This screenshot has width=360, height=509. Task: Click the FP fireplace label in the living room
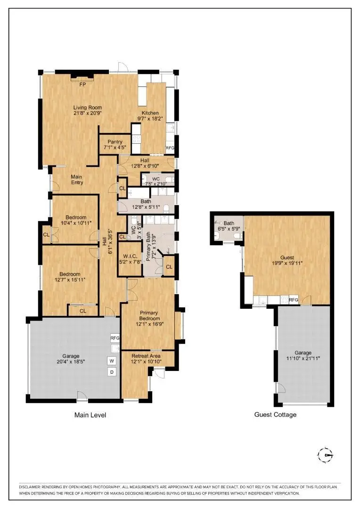82,84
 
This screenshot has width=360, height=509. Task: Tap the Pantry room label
115,142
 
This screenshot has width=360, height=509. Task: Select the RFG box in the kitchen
170,148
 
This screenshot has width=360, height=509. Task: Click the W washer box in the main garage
112,361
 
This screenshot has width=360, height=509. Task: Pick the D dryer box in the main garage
112,372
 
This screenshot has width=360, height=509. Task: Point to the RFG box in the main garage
115,338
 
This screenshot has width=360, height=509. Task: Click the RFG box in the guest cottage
293,300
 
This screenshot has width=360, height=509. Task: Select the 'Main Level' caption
90,415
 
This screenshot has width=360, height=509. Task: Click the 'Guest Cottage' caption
275,415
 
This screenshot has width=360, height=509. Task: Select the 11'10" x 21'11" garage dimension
303,359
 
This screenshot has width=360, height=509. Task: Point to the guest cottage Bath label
229,223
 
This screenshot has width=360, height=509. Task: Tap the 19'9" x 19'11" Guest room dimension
287,263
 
